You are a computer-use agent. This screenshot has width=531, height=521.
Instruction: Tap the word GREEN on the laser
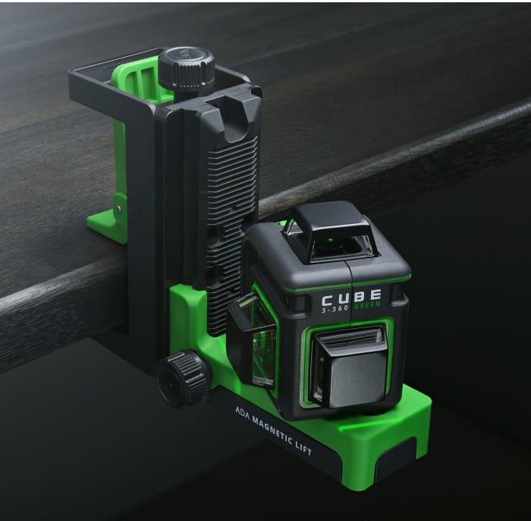point(367,305)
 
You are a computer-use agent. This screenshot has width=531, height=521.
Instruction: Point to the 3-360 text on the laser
point(335,308)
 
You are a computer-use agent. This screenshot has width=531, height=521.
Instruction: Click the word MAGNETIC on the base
point(273,429)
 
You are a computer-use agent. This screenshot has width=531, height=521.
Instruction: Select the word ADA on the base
point(243,413)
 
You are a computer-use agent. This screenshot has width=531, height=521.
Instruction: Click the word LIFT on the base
point(304,448)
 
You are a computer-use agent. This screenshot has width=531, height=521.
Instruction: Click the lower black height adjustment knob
point(182,379)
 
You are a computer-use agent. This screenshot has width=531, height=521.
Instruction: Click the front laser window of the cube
point(350,366)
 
